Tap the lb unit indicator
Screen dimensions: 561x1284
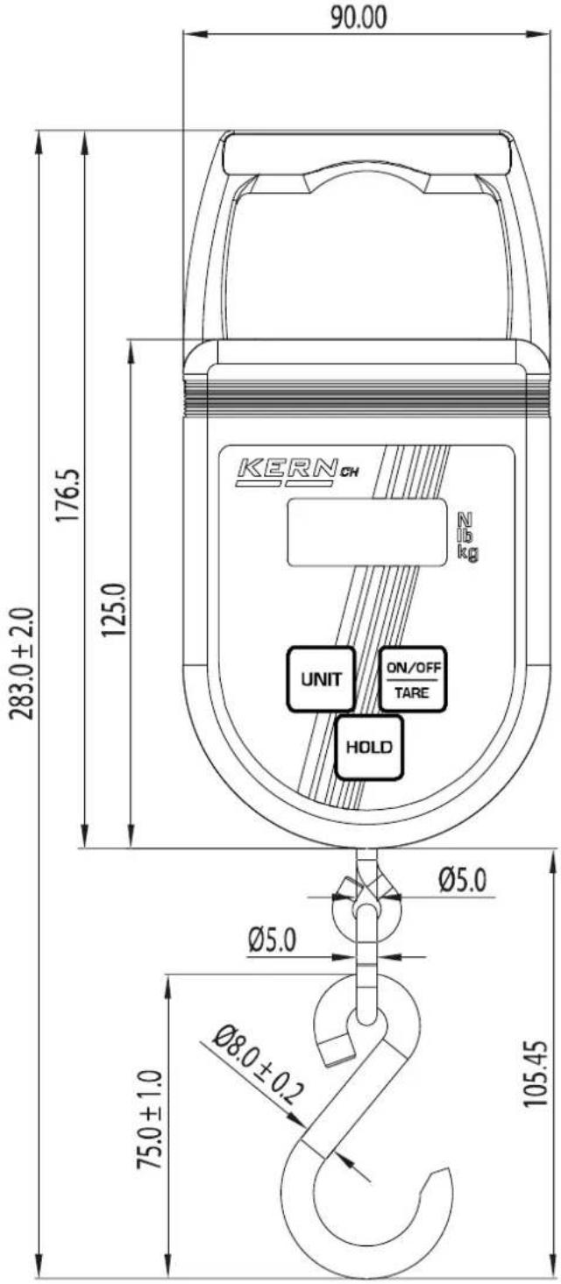(465, 536)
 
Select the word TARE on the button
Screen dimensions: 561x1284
(411, 692)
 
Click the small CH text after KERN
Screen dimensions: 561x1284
(350, 478)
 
